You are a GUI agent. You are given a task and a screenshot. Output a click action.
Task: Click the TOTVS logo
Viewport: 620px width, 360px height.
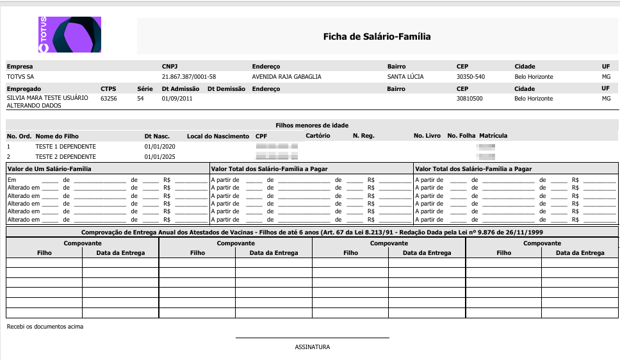click(x=69, y=35)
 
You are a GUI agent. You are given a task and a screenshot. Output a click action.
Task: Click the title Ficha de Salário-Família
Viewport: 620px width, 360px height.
click(x=377, y=37)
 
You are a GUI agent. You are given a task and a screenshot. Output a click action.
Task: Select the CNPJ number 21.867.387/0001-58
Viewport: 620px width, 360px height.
click(x=189, y=77)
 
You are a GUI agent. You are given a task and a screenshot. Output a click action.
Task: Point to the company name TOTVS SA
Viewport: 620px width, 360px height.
click(x=20, y=77)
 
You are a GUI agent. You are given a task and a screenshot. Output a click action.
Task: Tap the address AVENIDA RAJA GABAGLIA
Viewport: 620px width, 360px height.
click(x=286, y=77)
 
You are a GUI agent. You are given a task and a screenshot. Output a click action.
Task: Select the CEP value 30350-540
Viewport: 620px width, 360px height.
click(x=470, y=77)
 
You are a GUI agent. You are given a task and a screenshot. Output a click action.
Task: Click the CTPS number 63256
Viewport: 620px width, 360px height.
click(x=109, y=99)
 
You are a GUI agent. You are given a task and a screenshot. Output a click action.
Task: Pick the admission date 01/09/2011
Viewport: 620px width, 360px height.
click(x=177, y=99)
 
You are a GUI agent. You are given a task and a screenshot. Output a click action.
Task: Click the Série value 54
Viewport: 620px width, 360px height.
click(x=140, y=99)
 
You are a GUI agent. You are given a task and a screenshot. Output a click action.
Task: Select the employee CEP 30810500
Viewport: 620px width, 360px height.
click(x=469, y=99)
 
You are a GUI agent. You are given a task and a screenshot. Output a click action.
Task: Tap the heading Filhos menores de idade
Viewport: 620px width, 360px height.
click(x=312, y=126)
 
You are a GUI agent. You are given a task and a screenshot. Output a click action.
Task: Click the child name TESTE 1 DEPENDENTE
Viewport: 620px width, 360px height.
click(x=65, y=147)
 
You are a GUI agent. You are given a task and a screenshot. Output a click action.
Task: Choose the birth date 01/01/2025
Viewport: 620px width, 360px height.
click(x=159, y=156)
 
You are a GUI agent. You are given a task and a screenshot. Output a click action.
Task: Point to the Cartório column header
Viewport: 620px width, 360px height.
click(x=318, y=136)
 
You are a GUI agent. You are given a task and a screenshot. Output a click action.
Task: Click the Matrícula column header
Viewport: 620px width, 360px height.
click(x=493, y=136)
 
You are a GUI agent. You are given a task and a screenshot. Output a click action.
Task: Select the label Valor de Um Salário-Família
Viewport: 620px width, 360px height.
click(x=49, y=169)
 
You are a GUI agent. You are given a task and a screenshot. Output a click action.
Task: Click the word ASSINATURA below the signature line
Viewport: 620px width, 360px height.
click(x=312, y=347)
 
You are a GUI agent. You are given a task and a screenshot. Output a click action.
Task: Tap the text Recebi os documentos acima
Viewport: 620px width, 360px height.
click(x=45, y=327)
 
